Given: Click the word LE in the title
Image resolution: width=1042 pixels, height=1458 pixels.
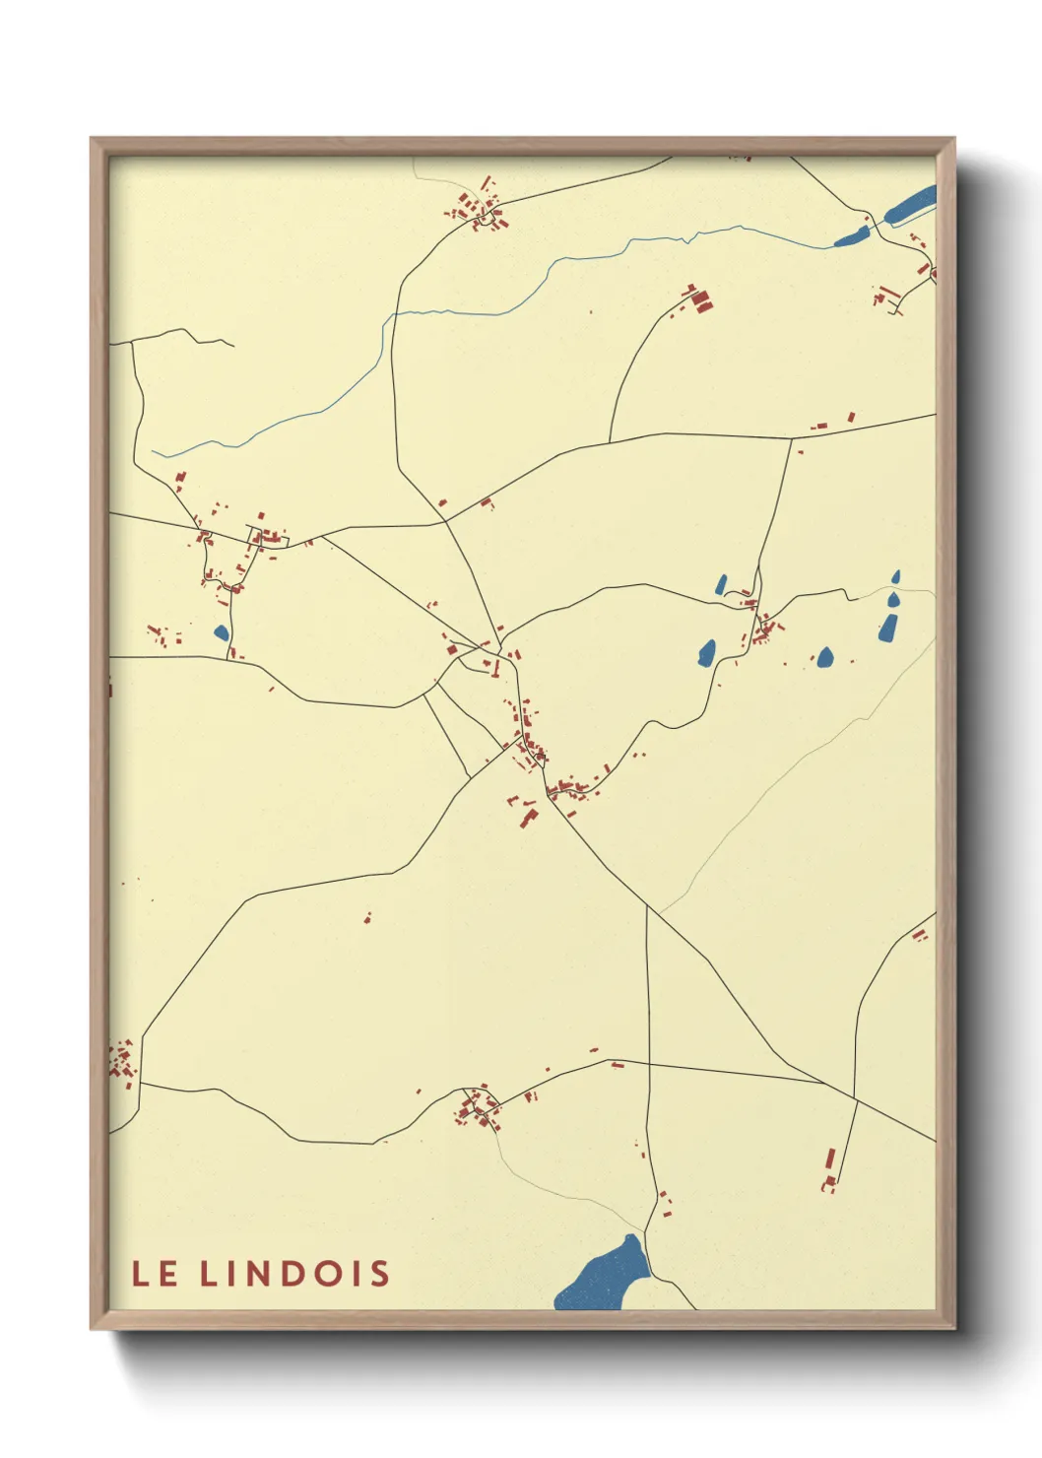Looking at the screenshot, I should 155,1274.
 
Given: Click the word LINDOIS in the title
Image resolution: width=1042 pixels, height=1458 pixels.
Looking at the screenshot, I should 295,1274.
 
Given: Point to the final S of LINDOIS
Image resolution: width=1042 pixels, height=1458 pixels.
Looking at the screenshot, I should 379,1274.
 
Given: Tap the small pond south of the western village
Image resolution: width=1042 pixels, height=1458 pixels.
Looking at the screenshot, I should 221,631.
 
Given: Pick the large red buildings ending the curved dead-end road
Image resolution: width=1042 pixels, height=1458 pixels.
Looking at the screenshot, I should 699,299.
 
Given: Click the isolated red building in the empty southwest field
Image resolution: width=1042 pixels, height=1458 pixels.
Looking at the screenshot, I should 367,918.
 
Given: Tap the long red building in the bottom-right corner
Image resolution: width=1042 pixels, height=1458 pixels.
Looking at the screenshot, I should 830,1162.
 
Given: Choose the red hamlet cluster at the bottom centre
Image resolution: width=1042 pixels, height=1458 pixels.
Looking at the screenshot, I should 478,1109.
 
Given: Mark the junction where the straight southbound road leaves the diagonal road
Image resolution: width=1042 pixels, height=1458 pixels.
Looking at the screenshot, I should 647,907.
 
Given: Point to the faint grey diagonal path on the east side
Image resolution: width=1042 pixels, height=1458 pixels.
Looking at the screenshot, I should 788,778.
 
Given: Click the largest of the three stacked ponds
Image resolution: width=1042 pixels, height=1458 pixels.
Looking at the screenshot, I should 888,627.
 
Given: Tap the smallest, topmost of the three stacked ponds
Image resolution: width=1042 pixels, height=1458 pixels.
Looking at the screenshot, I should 896,576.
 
